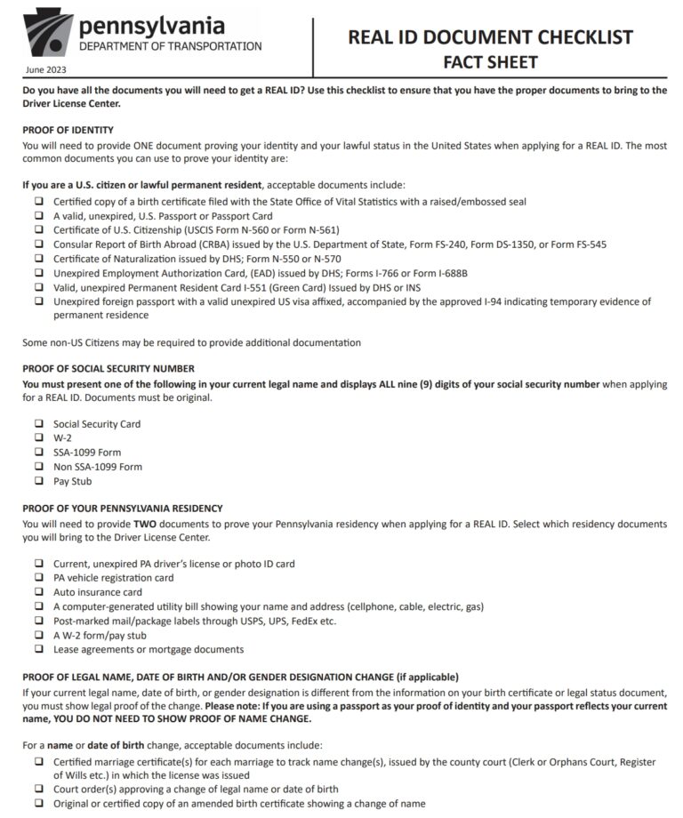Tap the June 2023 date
pyautogui.click(x=46, y=69)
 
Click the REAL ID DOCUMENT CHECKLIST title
pyautogui.click(x=490, y=36)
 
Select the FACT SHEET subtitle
pyautogui.click(x=490, y=62)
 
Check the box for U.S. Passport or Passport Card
pyautogui.click(x=39, y=216)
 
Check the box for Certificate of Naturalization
pyautogui.click(x=39, y=259)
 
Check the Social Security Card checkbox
pyautogui.click(x=39, y=424)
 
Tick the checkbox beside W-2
pyautogui.click(x=39, y=438)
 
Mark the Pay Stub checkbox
pyautogui.click(x=39, y=481)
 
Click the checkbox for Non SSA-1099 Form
pyautogui.click(x=39, y=467)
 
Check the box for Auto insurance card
pyautogui.click(x=39, y=592)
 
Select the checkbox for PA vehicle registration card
pyautogui.click(x=39, y=578)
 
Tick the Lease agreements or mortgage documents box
pyautogui.click(x=39, y=649)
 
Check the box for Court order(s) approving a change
pyautogui.click(x=39, y=789)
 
